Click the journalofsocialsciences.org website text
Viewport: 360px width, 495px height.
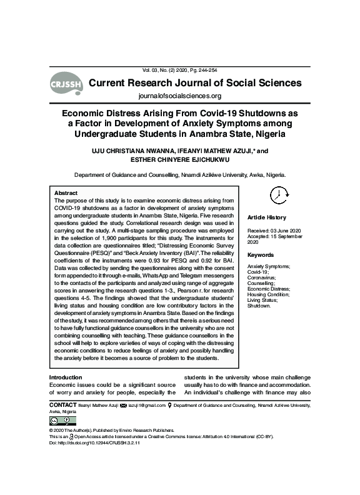(x=179, y=96)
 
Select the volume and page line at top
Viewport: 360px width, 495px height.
(x=179, y=70)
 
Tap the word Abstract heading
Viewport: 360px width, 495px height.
(x=66, y=193)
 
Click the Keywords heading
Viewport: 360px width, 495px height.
(x=261, y=255)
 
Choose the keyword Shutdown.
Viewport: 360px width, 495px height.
(x=260, y=306)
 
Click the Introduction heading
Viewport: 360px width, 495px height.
(x=66, y=377)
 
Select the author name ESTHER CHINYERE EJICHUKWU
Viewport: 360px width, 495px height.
(x=180, y=159)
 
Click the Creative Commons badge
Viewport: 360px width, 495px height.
(x=57, y=421)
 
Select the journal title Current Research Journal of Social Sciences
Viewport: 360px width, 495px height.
(x=196, y=82)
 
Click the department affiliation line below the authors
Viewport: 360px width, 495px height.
(x=180, y=175)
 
